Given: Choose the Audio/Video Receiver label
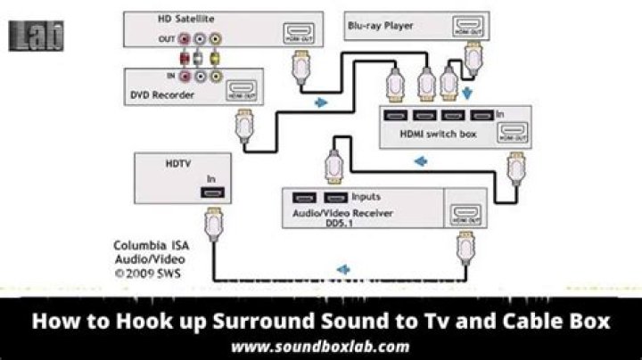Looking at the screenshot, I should (342, 214).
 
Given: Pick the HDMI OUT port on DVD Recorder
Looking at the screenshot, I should (242, 90).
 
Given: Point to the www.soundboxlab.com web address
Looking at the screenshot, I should (321, 347).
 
